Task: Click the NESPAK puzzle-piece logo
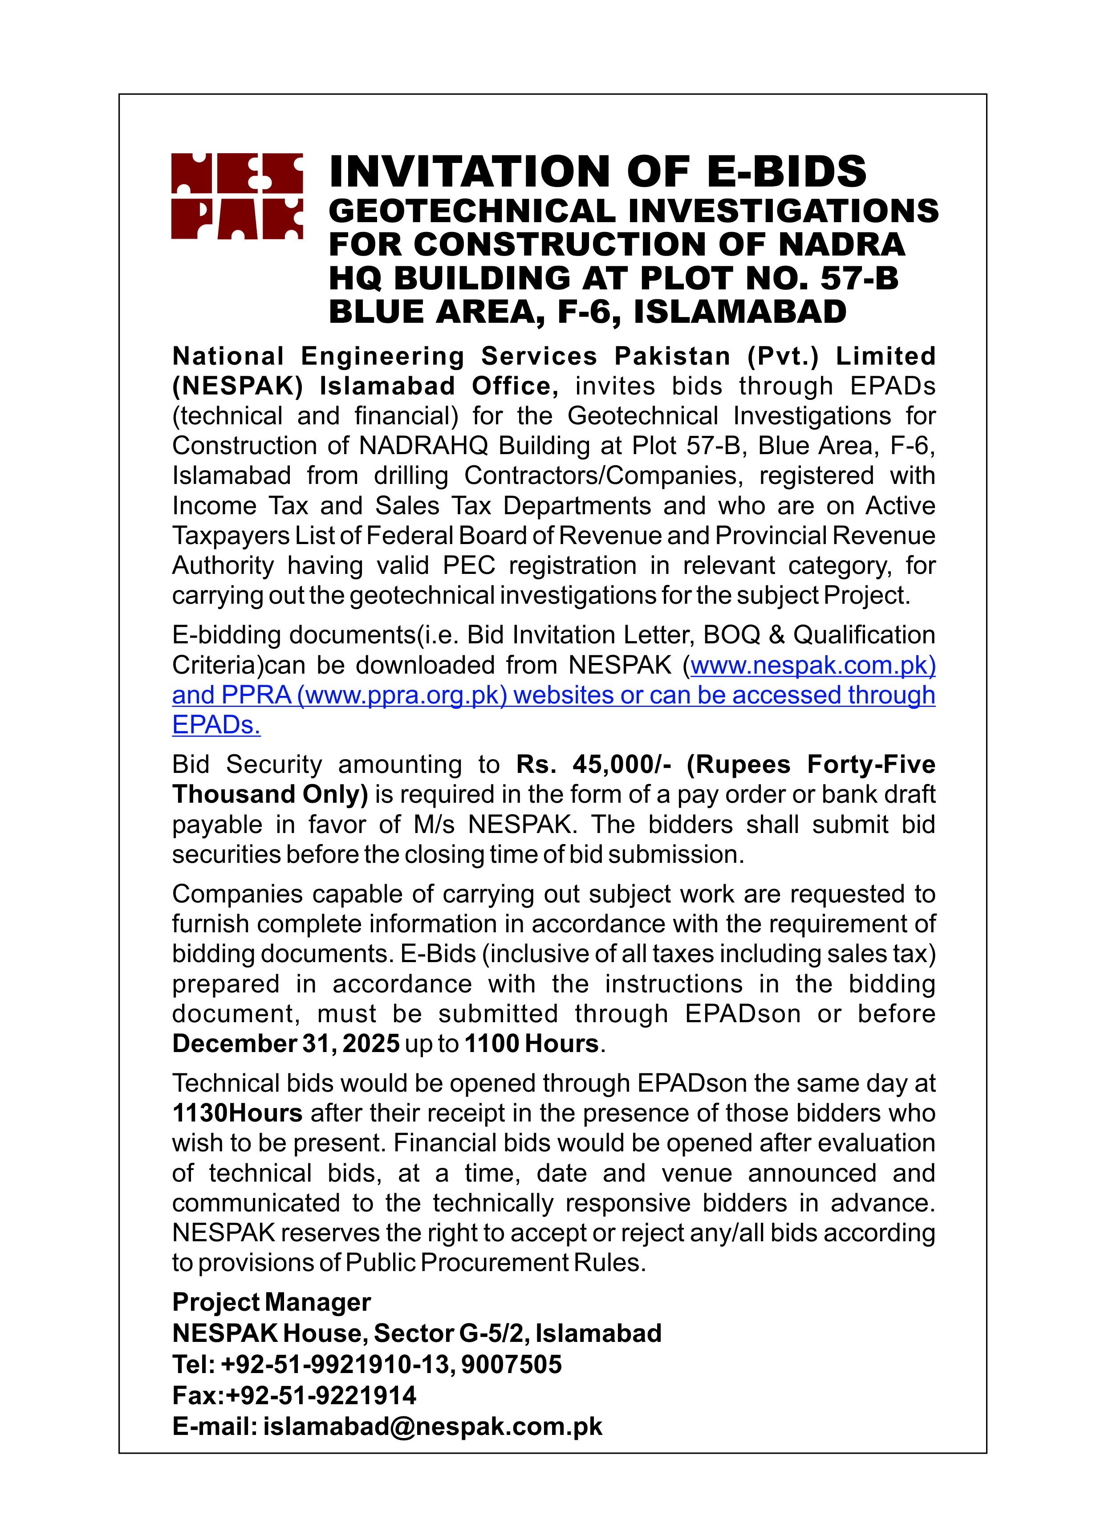coord(236,196)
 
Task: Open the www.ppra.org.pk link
coord(402,695)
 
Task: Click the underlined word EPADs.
coord(216,725)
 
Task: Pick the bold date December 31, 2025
coord(286,1044)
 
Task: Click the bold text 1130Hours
coord(237,1113)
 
